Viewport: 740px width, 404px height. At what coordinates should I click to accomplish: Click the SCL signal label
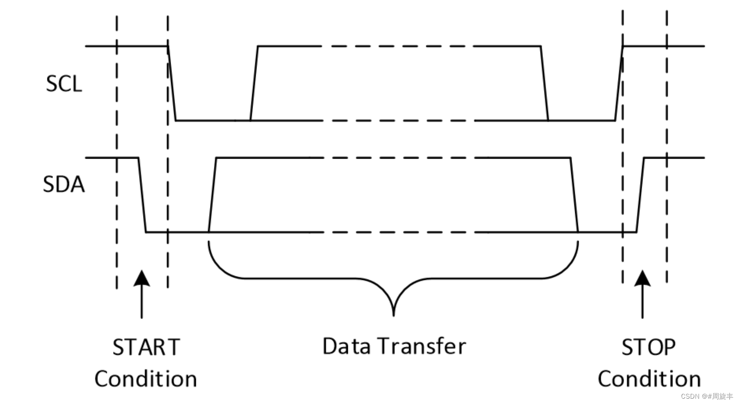point(64,84)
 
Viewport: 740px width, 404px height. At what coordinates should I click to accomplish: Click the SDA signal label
point(64,184)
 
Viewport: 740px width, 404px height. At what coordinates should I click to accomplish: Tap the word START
point(146,347)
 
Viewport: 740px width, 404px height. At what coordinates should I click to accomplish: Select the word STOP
point(648,347)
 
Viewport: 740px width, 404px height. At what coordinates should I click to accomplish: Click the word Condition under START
point(146,379)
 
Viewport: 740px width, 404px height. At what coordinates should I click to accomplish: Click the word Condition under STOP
point(649,379)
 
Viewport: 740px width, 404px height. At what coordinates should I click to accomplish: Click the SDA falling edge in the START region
point(142,194)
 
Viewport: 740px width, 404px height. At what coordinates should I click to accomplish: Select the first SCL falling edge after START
point(172,83)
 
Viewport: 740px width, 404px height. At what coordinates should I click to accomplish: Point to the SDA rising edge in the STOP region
point(640,194)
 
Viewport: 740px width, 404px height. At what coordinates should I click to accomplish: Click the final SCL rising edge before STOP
point(619,83)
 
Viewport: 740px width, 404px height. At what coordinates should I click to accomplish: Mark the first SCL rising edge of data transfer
point(254,83)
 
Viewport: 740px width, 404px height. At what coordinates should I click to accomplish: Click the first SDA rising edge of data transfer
point(212,194)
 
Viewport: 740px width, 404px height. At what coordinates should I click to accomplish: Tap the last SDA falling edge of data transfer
point(574,194)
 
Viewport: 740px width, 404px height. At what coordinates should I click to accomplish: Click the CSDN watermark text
point(706,396)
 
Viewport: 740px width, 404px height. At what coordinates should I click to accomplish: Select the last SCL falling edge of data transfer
point(545,83)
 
